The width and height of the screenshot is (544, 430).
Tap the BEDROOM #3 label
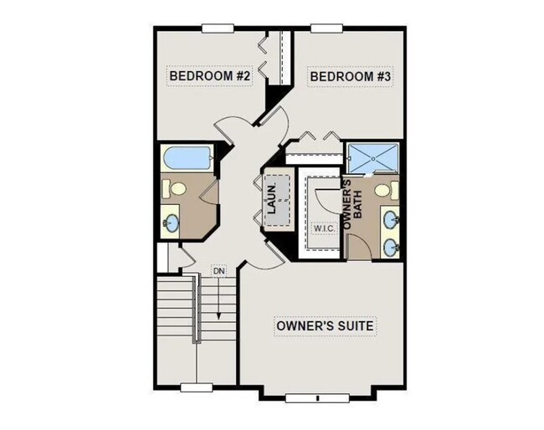[x=352, y=77]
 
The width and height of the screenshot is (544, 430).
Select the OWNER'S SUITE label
[x=326, y=325]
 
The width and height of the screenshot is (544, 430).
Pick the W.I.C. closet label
[x=325, y=228]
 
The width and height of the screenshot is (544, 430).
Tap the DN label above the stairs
[x=219, y=272]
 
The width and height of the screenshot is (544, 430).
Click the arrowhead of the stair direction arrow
[x=219, y=319]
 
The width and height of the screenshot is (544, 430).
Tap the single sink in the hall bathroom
[x=172, y=222]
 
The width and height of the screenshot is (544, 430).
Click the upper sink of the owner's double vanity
[x=391, y=221]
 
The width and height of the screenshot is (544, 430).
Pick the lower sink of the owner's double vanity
[x=391, y=247]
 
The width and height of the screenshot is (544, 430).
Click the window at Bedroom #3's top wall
[x=326, y=28]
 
